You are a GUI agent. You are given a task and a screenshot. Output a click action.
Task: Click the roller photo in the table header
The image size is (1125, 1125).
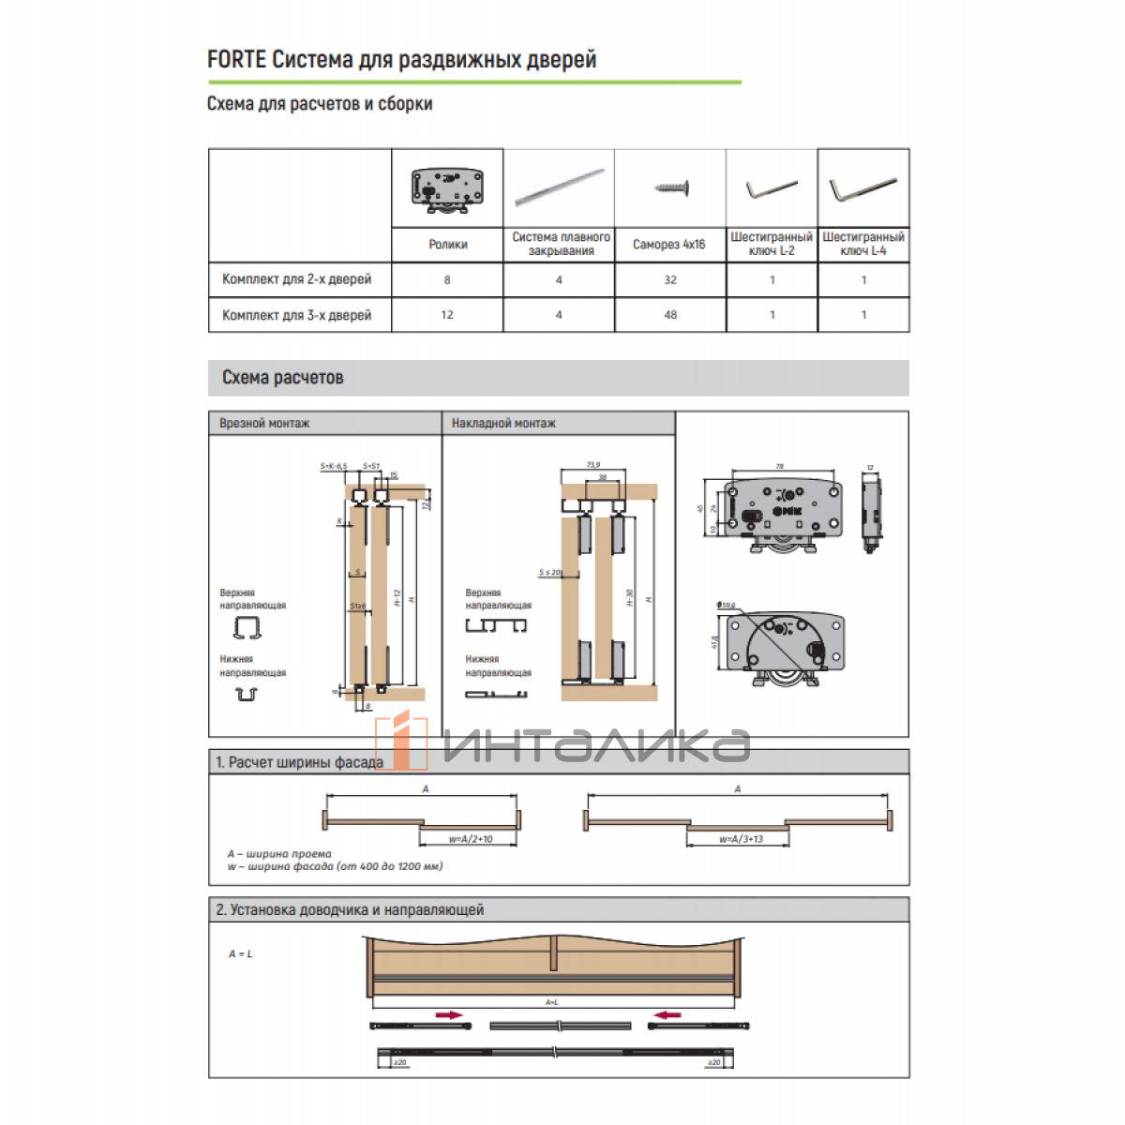446,188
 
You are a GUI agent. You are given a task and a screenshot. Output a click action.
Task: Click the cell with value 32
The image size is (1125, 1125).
669,279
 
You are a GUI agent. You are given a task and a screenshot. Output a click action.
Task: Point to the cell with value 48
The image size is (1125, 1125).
669,315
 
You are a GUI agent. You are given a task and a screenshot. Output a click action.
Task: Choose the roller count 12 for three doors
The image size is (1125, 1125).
447,315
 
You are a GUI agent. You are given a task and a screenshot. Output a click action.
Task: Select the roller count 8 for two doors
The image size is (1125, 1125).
447,279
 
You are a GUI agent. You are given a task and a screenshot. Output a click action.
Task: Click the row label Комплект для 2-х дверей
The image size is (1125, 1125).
296,279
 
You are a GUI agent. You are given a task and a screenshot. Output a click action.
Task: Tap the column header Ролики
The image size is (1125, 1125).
447,245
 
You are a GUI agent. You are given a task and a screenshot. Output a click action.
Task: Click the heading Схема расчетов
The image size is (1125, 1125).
282,378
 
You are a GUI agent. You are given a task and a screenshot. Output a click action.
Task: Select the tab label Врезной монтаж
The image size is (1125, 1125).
264,424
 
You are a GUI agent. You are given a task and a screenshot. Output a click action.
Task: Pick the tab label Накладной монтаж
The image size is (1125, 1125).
503,424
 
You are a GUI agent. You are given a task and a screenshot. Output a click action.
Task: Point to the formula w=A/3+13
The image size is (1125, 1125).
741,839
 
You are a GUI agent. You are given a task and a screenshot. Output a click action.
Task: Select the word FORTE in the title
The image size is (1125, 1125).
236,60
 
